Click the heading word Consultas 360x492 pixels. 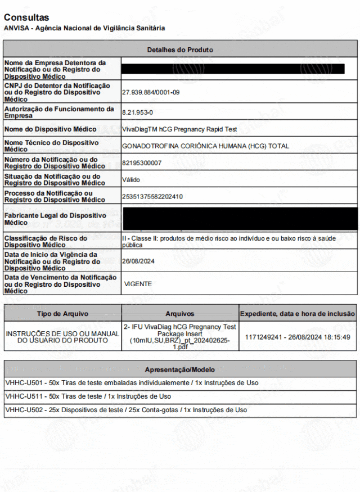[x=26, y=17]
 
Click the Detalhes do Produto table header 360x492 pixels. [x=180, y=49]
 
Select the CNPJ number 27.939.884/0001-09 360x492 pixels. [x=151, y=92]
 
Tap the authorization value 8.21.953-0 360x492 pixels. [x=137, y=112]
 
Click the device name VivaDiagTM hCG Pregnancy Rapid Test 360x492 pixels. [x=179, y=129]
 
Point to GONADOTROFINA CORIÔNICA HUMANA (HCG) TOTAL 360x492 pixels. [x=205, y=146]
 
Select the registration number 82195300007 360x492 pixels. [x=142, y=163]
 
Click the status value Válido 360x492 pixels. [x=131, y=180]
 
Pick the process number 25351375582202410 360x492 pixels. [x=152, y=196]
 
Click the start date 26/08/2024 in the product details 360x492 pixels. [x=138, y=261]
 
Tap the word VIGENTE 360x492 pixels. [x=138, y=284]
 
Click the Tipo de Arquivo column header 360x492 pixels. [x=62, y=314]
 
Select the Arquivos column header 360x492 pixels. [x=180, y=314]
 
